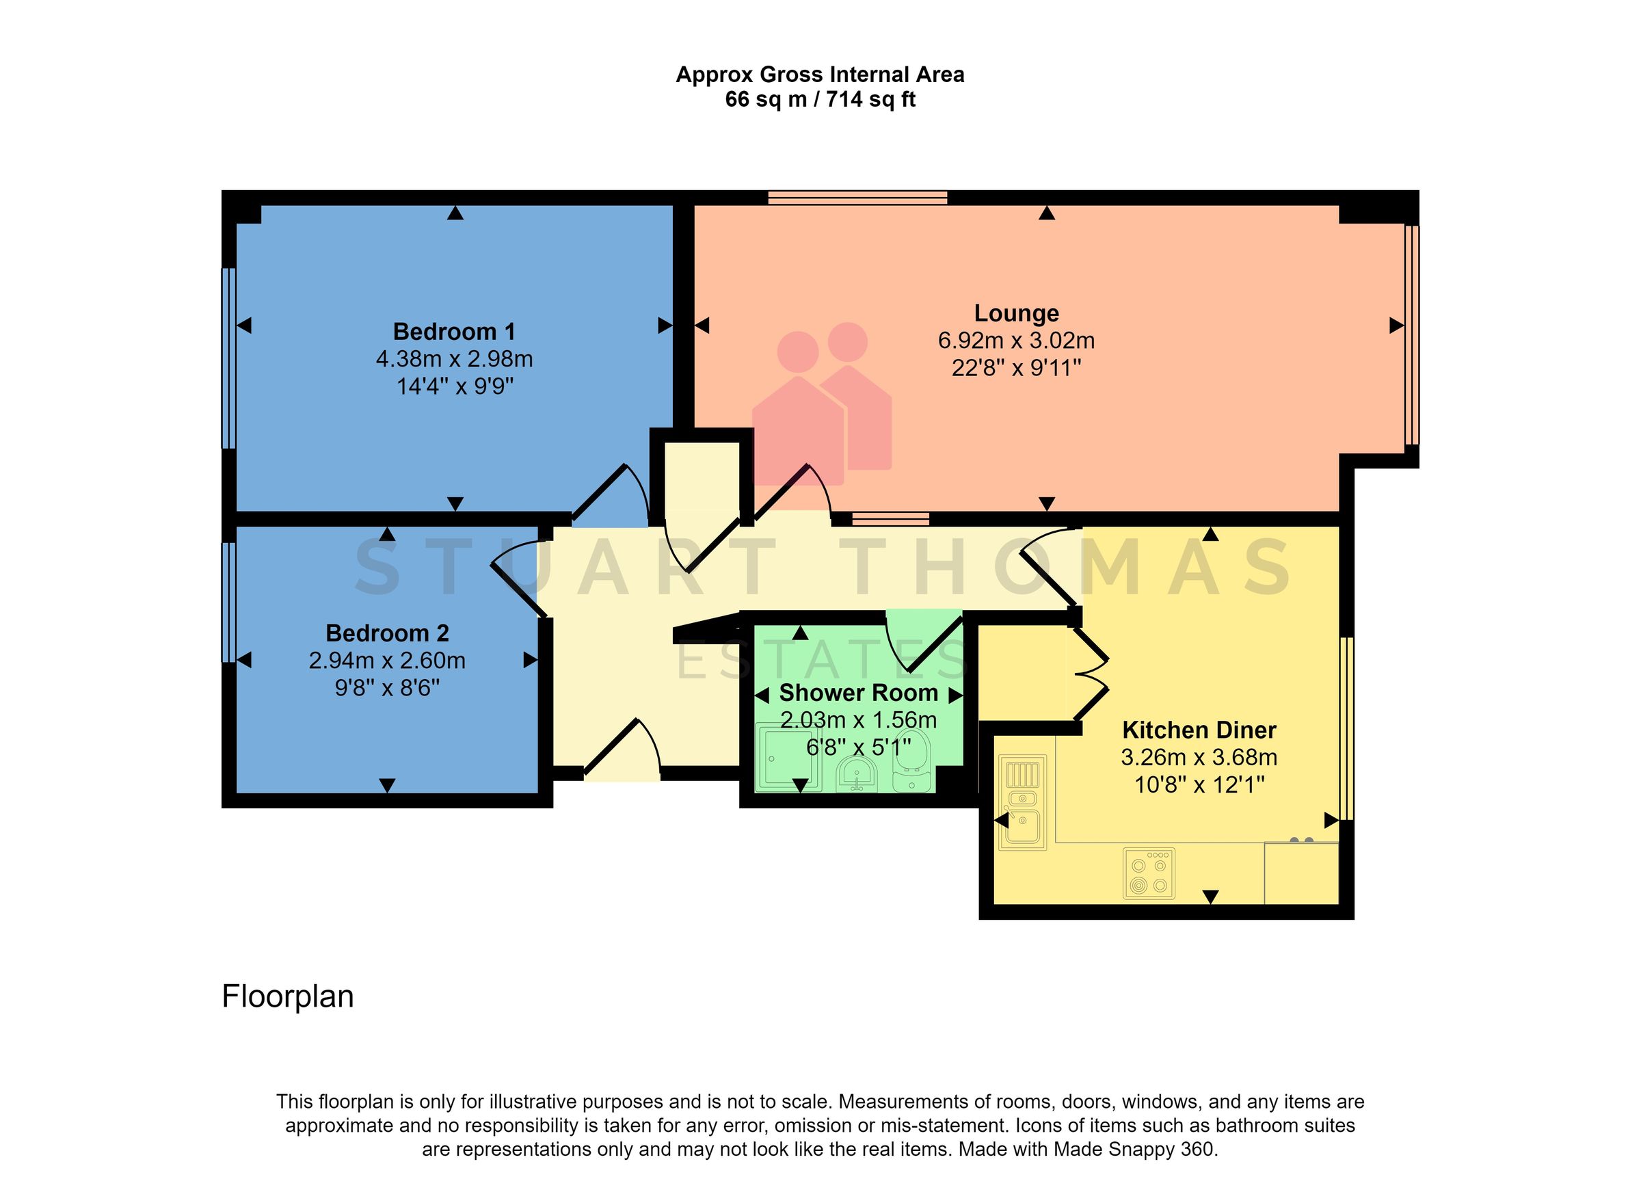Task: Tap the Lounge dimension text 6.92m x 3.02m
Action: click(x=1016, y=340)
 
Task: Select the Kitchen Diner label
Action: click(x=1199, y=730)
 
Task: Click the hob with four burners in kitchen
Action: click(x=1149, y=873)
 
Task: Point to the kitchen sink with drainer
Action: click(x=1022, y=802)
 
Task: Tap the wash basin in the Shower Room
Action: click(x=857, y=775)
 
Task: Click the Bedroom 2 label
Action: click(x=387, y=633)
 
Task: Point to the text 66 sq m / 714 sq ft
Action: click(x=820, y=99)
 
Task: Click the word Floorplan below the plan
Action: click(x=287, y=996)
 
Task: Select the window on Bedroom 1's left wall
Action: click(x=228, y=358)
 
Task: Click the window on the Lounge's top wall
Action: click(x=857, y=197)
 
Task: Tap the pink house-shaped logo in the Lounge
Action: click(x=821, y=406)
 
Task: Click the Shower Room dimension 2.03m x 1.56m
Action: click(x=858, y=720)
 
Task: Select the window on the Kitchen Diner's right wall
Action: click(x=1346, y=728)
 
